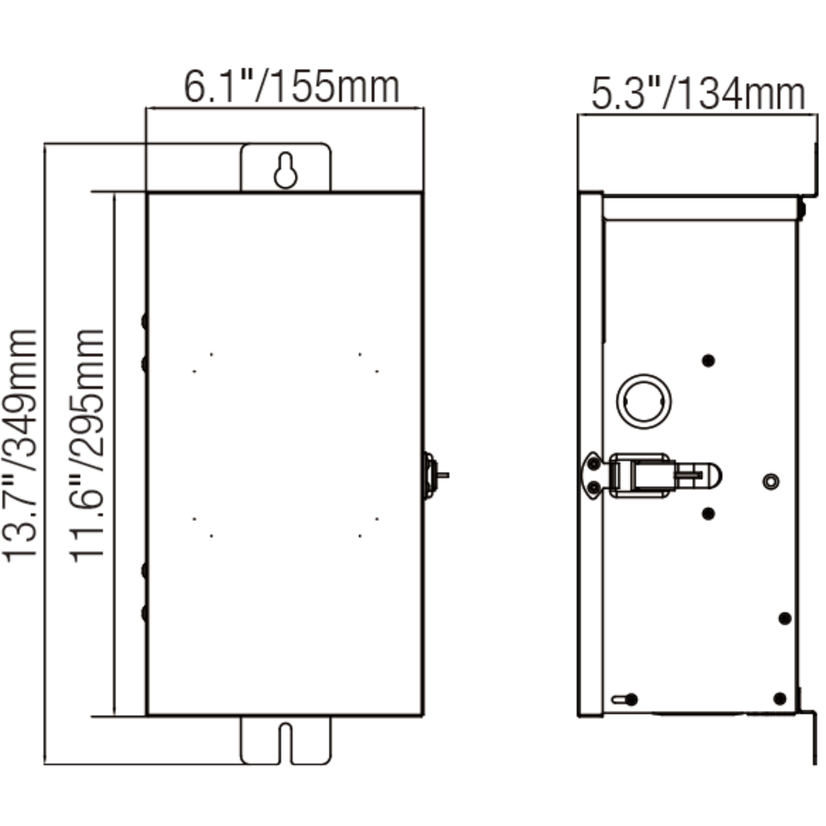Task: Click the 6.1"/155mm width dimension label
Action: [x=291, y=87]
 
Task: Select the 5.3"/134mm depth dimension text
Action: [x=697, y=94]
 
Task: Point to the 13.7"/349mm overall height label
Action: [x=21, y=446]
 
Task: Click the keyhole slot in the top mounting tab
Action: [x=285, y=171]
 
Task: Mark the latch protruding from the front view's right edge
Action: [x=434, y=475]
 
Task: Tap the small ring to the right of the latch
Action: [x=771, y=481]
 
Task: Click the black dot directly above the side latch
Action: [x=708, y=361]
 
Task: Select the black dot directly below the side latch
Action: [x=708, y=513]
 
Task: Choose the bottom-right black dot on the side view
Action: [x=780, y=699]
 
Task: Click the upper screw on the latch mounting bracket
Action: [x=594, y=464]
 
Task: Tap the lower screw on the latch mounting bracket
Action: [x=594, y=487]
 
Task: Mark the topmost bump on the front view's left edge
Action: [x=144, y=321]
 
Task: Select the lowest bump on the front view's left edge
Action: [x=144, y=613]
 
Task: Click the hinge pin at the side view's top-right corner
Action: [x=801, y=208]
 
